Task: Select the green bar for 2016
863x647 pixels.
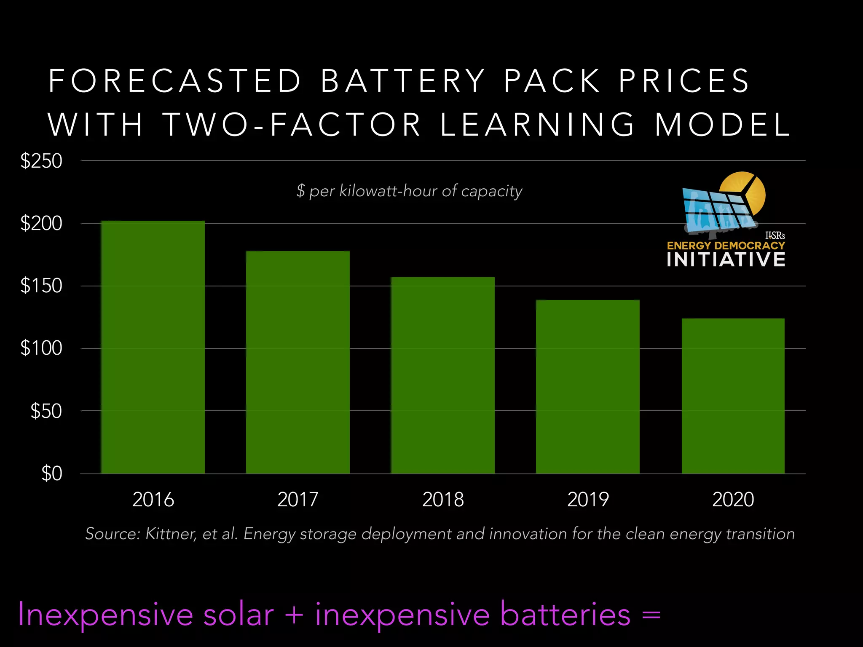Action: point(153,347)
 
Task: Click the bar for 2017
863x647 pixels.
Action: point(298,362)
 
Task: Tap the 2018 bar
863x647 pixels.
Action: point(442,375)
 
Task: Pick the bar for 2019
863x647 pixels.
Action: point(587,387)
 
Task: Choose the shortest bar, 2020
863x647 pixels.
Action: point(733,396)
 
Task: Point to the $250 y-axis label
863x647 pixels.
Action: point(41,161)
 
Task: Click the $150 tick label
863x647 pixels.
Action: point(41,286)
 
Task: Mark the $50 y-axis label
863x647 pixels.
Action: point(46,411)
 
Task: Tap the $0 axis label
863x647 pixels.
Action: point(51,473)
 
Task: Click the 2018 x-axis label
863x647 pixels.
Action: point(443,500)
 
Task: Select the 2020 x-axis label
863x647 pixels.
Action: point(733,500)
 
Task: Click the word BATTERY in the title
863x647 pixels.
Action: point(403,80)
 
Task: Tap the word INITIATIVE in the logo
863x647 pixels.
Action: point(726,259)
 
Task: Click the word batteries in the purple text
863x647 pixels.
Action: point(566,615)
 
